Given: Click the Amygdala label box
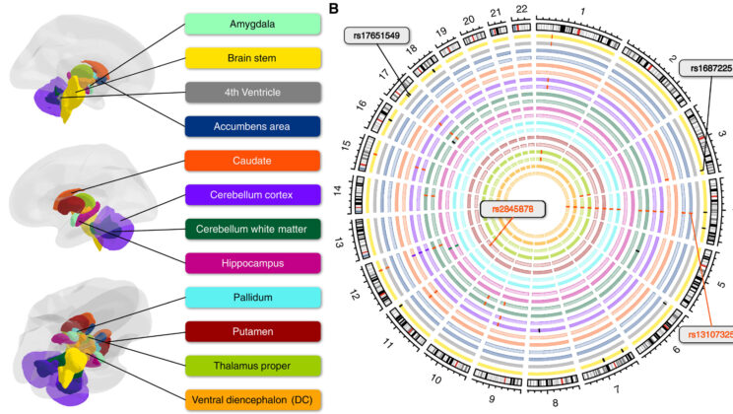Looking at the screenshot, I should coord(252,24).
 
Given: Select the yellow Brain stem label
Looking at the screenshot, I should coord(252,58).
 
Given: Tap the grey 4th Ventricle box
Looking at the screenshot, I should coord(252,93).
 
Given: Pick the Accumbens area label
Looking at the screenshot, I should coord(252,126).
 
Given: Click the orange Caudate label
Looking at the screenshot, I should coord(252,160).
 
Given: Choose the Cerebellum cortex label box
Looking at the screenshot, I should coord(252,194).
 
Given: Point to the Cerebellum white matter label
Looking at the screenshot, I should coord(252,229).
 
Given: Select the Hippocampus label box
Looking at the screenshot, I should coord(252,262).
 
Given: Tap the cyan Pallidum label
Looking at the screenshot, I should coord(252,297).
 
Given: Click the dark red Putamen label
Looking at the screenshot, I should coord(252,331).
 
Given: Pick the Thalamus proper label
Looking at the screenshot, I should coord(252,366).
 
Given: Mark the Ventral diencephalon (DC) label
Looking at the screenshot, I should coord(252,399).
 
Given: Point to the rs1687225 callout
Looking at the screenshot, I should coord(708,69).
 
